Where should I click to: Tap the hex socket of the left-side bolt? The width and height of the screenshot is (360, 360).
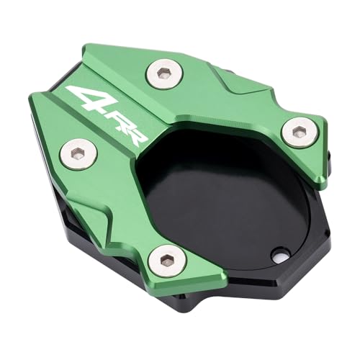click(x=77, y=153)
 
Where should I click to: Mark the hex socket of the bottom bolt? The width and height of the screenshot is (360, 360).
click(x=166, y=258)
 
